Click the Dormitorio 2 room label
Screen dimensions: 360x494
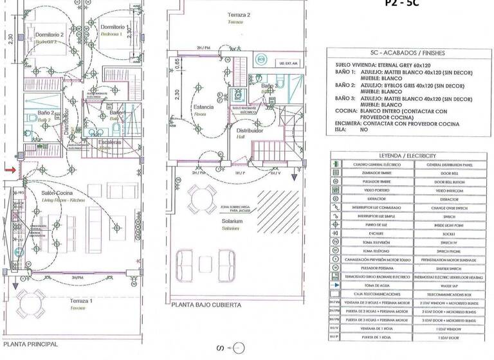(x=48, y=35)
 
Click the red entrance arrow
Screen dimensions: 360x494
(x=12, y=170)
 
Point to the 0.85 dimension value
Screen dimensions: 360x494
(x=177, y=64)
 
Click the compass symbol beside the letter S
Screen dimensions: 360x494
(x=238, y=348)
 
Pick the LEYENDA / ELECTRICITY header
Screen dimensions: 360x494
(x=407, y=156)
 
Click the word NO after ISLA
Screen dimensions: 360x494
(x=363, y=129)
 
